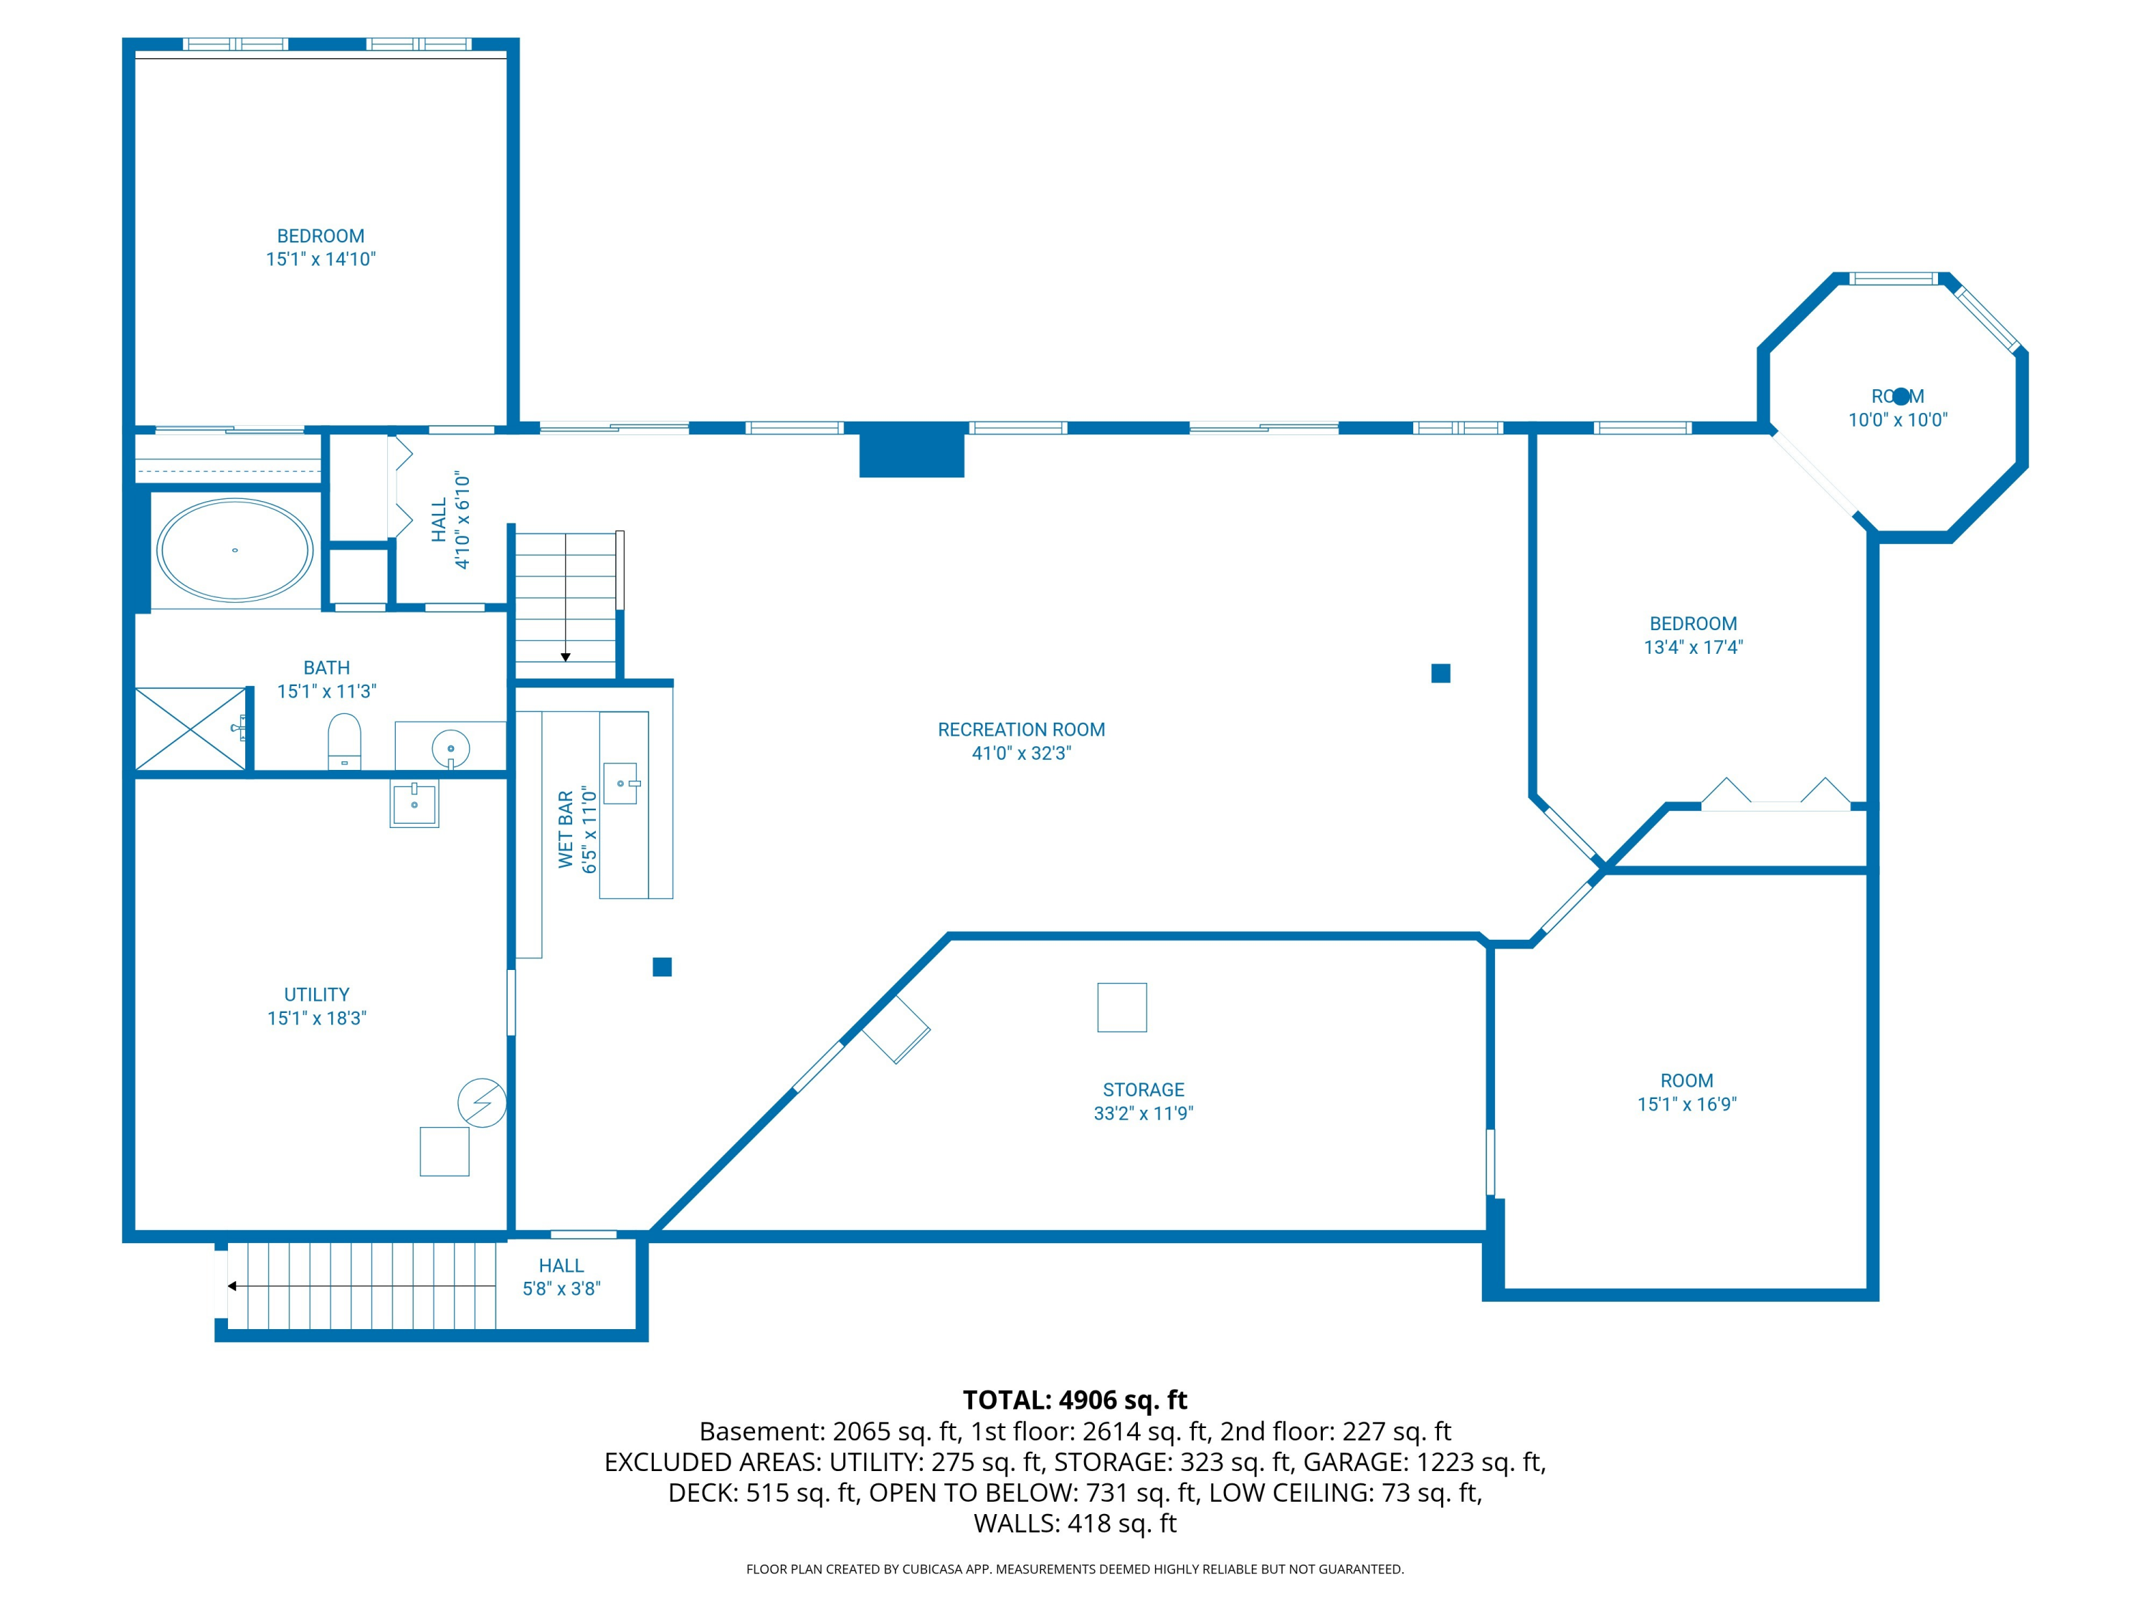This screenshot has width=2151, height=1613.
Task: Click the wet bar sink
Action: (x=622, y=783)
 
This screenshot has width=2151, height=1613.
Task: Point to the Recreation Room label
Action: (x=1021, y=729)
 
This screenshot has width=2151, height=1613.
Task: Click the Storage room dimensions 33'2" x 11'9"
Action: (x=1144, y=1113)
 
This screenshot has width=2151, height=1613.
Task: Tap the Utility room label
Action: (x=317, y=994)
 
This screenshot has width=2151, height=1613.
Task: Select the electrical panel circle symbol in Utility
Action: (x=481, y=1103)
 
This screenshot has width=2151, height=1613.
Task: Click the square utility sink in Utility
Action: (x=414, y=803)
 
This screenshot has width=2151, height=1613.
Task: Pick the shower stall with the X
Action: (x=191, y=729)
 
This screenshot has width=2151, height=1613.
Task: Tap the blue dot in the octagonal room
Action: (x=1901, y=396)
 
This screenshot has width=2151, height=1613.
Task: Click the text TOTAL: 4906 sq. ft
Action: (x=1075, y=1400)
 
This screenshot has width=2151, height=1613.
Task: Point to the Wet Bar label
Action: (x=566, y=829)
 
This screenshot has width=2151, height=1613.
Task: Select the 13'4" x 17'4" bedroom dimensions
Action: (x=1693, y=647)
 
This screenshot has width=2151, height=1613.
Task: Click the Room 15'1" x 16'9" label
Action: (x=1687, y=1093)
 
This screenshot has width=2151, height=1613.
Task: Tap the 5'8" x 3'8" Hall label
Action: (x=562, y=1289)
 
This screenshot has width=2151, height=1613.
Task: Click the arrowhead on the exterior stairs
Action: (x=232, y=1286)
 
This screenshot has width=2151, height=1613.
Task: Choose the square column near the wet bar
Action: (x=663, y=966)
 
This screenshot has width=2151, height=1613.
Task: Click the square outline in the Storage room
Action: (x=1122, y=1007)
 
